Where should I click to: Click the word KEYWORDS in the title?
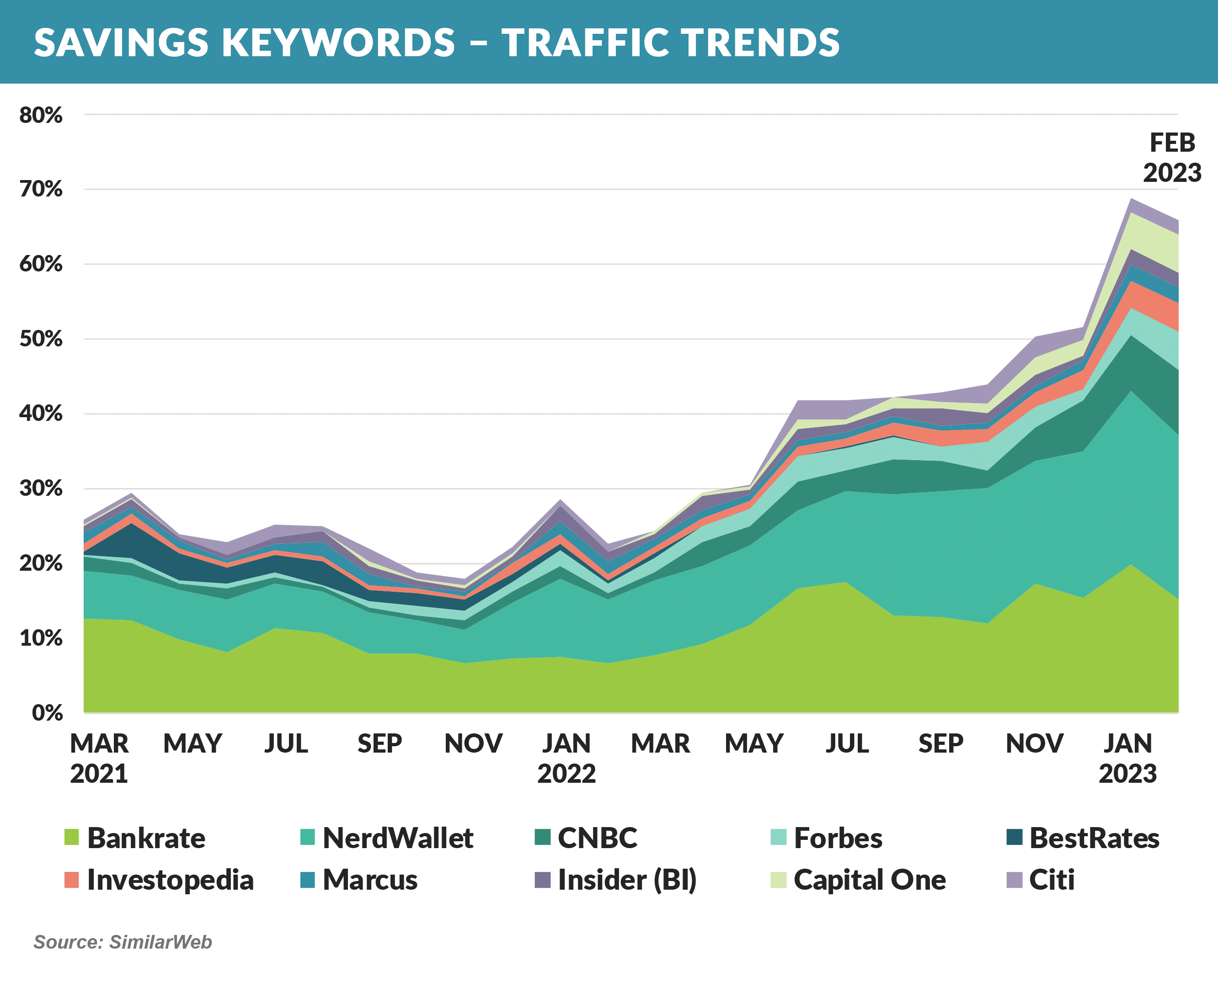[338, 43]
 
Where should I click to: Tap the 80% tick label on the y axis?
[41, 116]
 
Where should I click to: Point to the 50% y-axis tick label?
[41, 340]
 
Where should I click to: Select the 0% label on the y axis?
[47, 713]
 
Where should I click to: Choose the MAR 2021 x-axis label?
[99, 758]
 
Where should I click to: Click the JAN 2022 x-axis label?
[566, 758]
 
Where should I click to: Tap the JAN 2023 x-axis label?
[1127, 758]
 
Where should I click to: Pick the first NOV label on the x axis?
[473, 743]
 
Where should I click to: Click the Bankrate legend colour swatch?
[72, 837]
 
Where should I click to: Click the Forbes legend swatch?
[779, 837]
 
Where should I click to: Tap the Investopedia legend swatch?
[72, 880]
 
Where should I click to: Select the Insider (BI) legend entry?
[626, 880]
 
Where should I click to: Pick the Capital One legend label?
[869, 880]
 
